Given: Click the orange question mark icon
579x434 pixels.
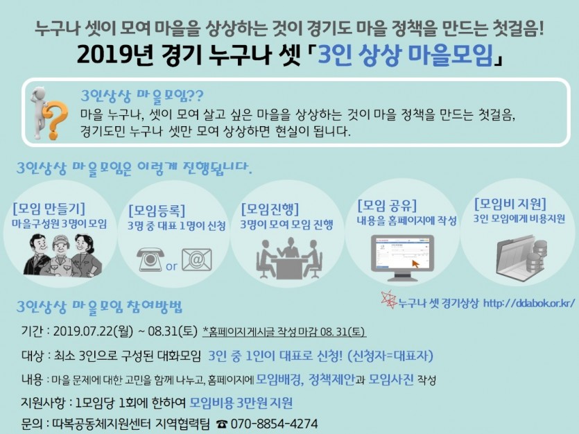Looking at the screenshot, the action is tap(55, 120).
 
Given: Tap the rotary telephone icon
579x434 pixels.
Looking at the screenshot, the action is tap(150, 259).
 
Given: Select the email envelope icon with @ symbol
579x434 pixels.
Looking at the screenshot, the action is tap(197, 259).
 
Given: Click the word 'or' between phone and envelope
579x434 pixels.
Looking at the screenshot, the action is tap(172, 266).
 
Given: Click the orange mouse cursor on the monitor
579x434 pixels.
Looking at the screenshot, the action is tap(416, 264).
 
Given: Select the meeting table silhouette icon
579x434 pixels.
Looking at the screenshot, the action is tap(290, 259).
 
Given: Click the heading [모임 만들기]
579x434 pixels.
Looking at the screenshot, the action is tap(49, 209).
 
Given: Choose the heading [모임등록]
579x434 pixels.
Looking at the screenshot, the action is tap(157, 210).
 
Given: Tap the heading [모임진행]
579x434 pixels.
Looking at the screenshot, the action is tap(270, 209).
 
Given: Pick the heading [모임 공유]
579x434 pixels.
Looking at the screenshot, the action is tap(388, 205).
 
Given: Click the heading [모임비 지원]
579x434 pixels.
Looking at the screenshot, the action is tap(510, 203).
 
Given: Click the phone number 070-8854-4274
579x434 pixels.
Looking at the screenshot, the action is tap(274, 424).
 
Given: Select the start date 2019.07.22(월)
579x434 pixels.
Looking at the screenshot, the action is tap(93, 331).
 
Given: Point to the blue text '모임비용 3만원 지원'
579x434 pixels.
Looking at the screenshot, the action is tap(241, 403).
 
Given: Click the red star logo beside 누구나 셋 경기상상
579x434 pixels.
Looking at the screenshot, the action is tap(388, 300).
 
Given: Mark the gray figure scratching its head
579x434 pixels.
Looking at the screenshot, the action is tap(39, 112).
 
